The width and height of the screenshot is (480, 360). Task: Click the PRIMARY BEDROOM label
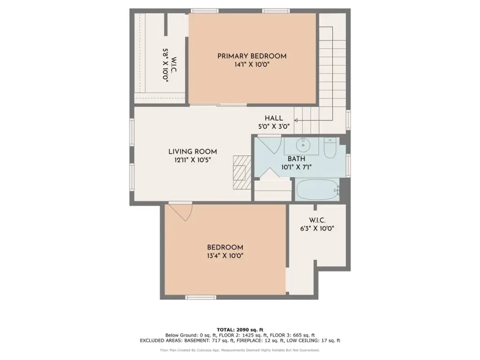pyautogui.click(x=252, y=56)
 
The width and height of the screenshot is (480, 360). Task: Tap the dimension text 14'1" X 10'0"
pyautogui.click(x=252, y=65)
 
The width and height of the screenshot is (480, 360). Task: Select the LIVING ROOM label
pyautogui.click(x=193, y=151)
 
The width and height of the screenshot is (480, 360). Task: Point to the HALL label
pyautogui.click(x=274, y=118)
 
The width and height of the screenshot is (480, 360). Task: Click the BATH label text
pyautogui.click(x=296, y=159)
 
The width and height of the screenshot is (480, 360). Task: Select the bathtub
pyautogui.click(x=317, y=190)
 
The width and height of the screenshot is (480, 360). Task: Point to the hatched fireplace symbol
pyautogui.click(x=242, y=172)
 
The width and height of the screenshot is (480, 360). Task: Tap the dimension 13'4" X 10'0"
pyautogui.click(x=225, y=255)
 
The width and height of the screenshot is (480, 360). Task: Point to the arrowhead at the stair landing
pyautogui.click(x=296, y=120)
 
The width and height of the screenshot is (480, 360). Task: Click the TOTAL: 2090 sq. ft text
pyautogui.click(x=240, y=330)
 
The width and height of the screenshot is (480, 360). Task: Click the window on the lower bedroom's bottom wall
pyautogui.click(x=201, y=297)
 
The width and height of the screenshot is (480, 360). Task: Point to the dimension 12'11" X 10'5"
pyautogui.click(x=193, y=160)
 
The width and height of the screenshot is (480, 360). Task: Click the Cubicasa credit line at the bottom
pyautogui.click(x=240, y=350)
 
